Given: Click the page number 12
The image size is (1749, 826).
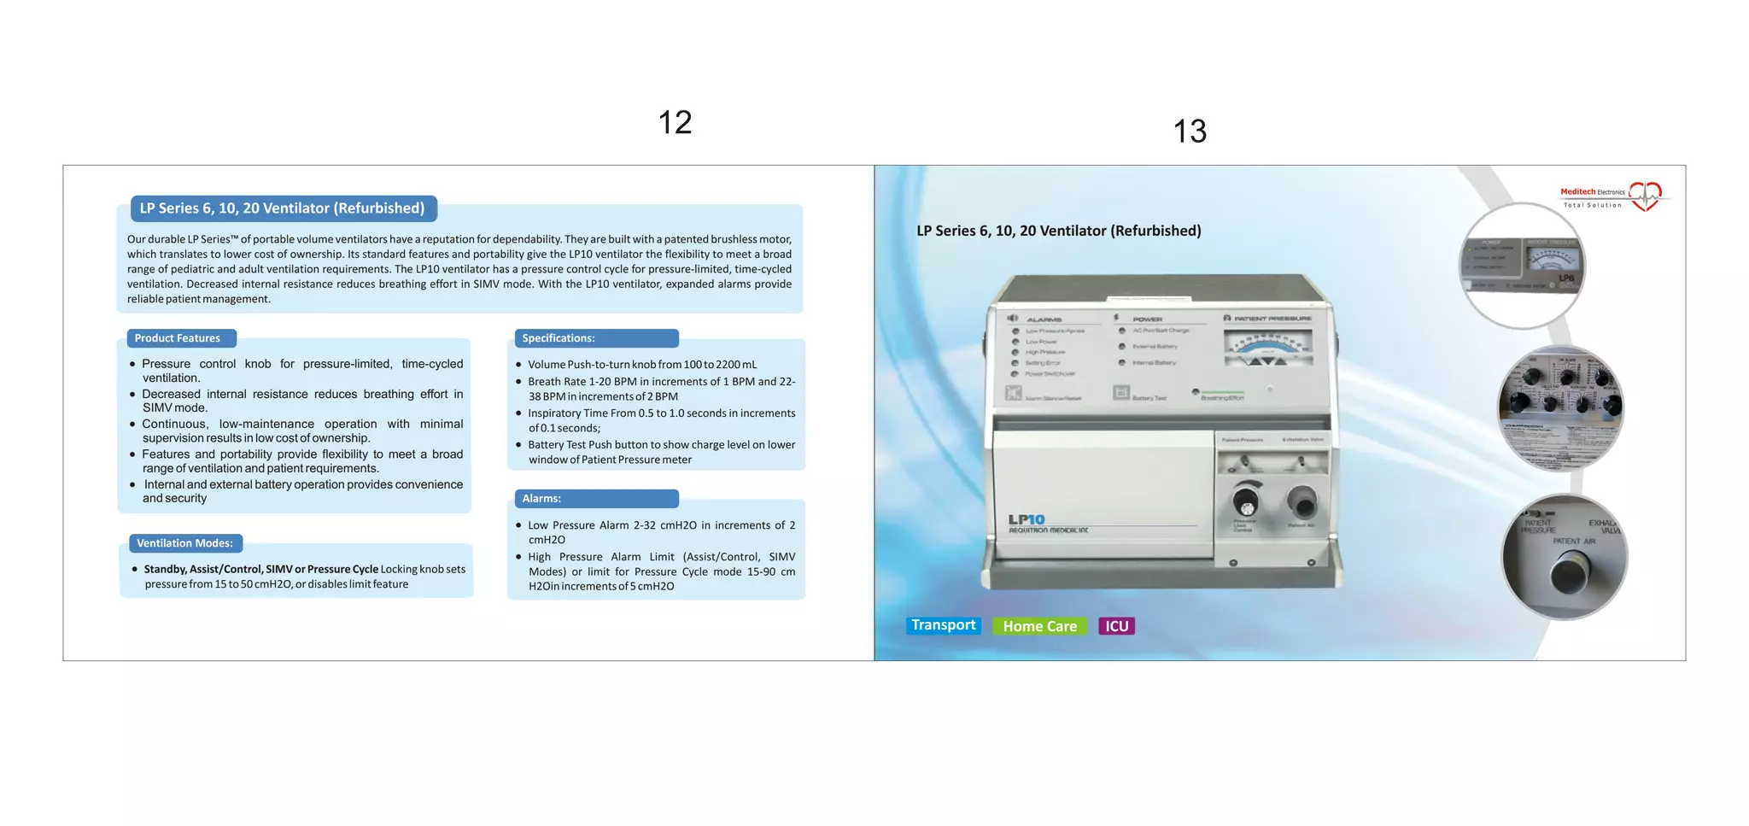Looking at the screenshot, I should click(675, 122).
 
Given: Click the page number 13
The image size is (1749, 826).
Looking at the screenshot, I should click(1190, 132).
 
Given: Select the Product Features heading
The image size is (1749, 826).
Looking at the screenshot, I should click(178, 338).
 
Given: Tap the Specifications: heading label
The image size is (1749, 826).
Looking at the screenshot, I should click(559, 338).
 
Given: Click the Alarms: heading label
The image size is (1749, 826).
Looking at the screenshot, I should click(541, 499).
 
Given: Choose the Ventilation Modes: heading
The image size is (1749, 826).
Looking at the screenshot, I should click(184, 543).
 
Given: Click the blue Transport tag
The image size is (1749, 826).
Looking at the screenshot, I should click(943, 625).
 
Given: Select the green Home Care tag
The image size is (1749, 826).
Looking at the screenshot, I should click(1039, 626).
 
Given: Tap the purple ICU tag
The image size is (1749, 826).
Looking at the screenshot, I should click(1116, 626).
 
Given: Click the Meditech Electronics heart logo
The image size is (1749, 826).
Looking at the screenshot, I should click(1645, 196).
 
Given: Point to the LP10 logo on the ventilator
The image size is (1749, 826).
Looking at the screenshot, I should click(1027, 519).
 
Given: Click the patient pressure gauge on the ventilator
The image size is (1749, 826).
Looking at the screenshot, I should click(1267, 349).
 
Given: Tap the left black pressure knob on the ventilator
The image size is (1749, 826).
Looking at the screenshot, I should click(1245, 500).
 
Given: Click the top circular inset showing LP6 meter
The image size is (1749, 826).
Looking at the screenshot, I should click(1522, 266).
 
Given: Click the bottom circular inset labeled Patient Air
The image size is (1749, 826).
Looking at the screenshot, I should click(1565, 557).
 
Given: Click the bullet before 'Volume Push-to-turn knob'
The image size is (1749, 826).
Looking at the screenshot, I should click(518, 365).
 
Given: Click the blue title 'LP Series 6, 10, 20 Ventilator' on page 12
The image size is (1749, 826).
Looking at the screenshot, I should click(282, 208).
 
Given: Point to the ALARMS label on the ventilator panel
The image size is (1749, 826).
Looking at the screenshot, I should click(1044, 319).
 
